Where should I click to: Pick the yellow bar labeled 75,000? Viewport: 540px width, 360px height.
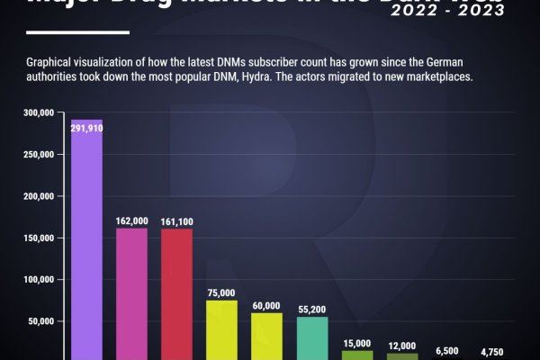tap(221, 328)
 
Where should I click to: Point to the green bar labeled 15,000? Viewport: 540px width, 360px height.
tap(357, 355)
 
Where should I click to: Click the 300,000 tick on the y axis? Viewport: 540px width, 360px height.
tap(40, 112)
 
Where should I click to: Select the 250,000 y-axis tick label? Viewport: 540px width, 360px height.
tap(40, 155)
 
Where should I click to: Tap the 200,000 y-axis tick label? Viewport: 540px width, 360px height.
tap(40, 196)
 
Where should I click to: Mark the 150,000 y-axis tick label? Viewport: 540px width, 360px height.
tap(40, 238)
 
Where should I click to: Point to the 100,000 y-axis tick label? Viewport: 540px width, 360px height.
tap(40, 280)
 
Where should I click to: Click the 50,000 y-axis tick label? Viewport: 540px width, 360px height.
tap(42, 321)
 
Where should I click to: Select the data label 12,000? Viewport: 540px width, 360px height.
tap(402, 346)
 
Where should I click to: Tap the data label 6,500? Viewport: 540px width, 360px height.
tap(447, 350)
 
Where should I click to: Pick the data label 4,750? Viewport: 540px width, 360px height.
tap(492, 352)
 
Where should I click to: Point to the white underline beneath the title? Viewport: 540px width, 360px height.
tap(78, 31)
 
